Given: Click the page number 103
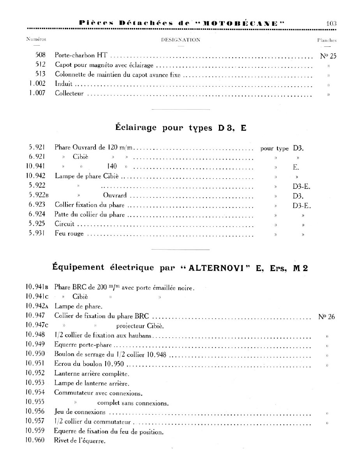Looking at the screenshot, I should [331, 23].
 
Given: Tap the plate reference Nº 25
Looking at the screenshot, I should [328, 56].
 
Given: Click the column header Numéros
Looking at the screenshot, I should [36, 40].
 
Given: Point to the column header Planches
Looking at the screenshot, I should [327, 40].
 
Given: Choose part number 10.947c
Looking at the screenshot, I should [37, 325].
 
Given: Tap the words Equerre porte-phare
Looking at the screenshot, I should [83, 345].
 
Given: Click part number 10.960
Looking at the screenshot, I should [35, 441].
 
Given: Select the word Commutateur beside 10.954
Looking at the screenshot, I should [74, 393].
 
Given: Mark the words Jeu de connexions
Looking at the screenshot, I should [80, 412].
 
